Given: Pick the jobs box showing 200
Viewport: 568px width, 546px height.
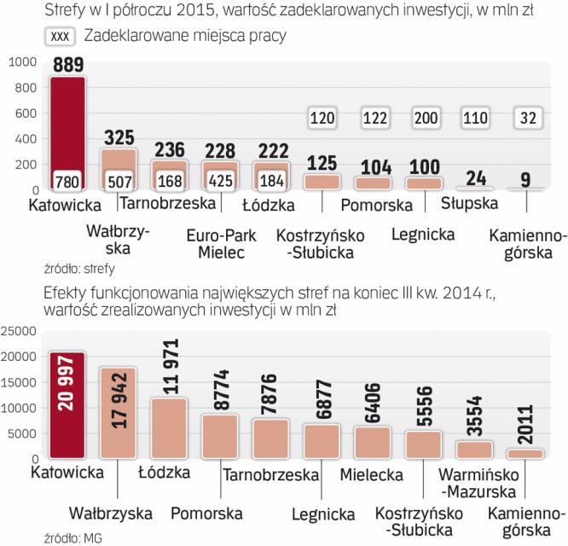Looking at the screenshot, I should pyautogui.click(x=424, y=119).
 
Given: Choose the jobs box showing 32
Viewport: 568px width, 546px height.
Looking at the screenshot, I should pyautogui.click(x=525, y=119).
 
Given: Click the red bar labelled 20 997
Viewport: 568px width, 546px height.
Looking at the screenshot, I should pyautogui.click(x=68, y=405).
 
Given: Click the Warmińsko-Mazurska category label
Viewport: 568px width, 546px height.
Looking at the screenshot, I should pyautogui.click(x=475, y=484).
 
